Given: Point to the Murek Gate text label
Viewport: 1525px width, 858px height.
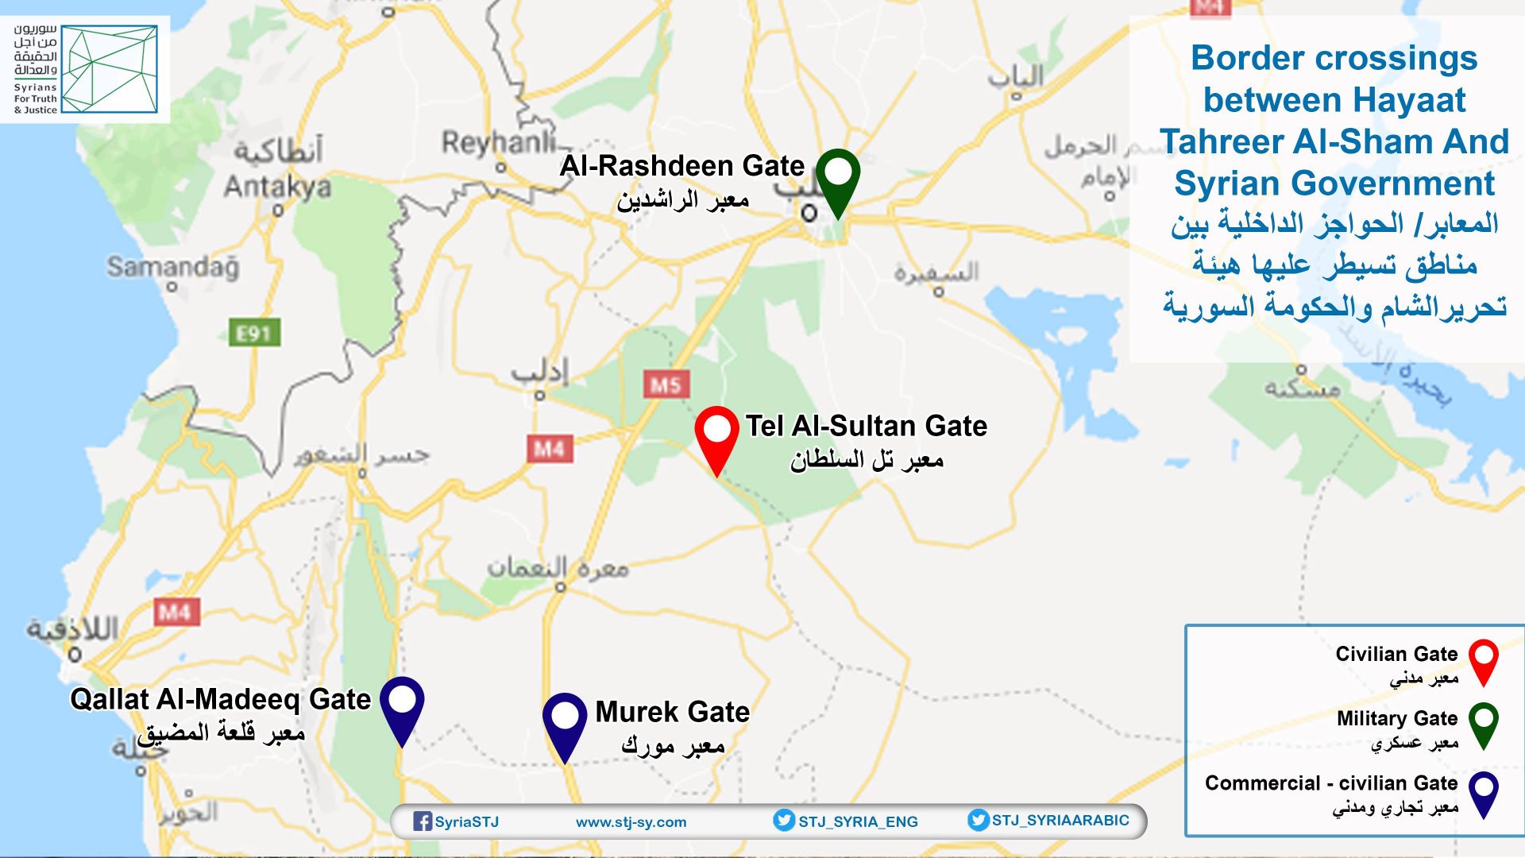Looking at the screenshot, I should (x=672, y=712).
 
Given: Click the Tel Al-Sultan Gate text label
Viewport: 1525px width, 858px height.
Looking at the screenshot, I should (x=866, y=427).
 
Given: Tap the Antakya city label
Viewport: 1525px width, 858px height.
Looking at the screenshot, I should (x=277, y=187).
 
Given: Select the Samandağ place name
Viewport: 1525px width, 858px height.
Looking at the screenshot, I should (x=172, y=267).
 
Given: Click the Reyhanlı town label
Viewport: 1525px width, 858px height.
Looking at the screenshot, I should (x=498, y=143).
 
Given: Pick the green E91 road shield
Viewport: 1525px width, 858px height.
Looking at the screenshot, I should (x=254, y=333).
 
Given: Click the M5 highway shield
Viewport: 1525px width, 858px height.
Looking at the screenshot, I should (x=666, y=386).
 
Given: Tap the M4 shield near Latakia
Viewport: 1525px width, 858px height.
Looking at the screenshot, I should (x=176, y=612).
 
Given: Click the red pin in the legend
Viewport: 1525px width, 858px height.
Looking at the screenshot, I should (x=1483, y=659).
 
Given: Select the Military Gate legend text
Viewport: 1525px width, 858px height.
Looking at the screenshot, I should (x=1396, y=719).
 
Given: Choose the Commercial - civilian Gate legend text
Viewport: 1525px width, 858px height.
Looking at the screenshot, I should (x=1330, y=783).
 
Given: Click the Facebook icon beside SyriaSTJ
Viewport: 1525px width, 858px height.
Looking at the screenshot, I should (x=423, y=821).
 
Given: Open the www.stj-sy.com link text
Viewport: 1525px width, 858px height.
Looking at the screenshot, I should (x=631, y=822).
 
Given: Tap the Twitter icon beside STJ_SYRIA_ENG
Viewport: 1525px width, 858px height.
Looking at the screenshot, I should (x=784, y=821).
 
